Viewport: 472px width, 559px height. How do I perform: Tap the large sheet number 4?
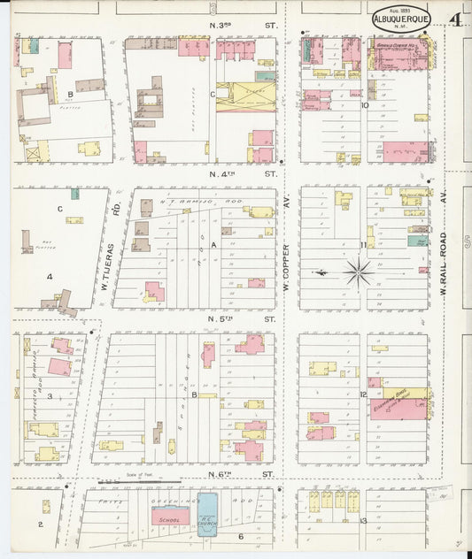coord(453,19)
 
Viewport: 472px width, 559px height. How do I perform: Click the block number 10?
coord(364,104)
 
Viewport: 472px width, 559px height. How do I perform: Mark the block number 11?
coord(363,245)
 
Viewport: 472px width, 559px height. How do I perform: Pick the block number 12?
coord(363,394)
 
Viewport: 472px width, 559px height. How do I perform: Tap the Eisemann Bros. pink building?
coord(403,407)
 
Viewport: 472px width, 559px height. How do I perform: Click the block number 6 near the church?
coord(239,536)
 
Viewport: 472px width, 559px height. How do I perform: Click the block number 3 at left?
coord(50,396)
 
